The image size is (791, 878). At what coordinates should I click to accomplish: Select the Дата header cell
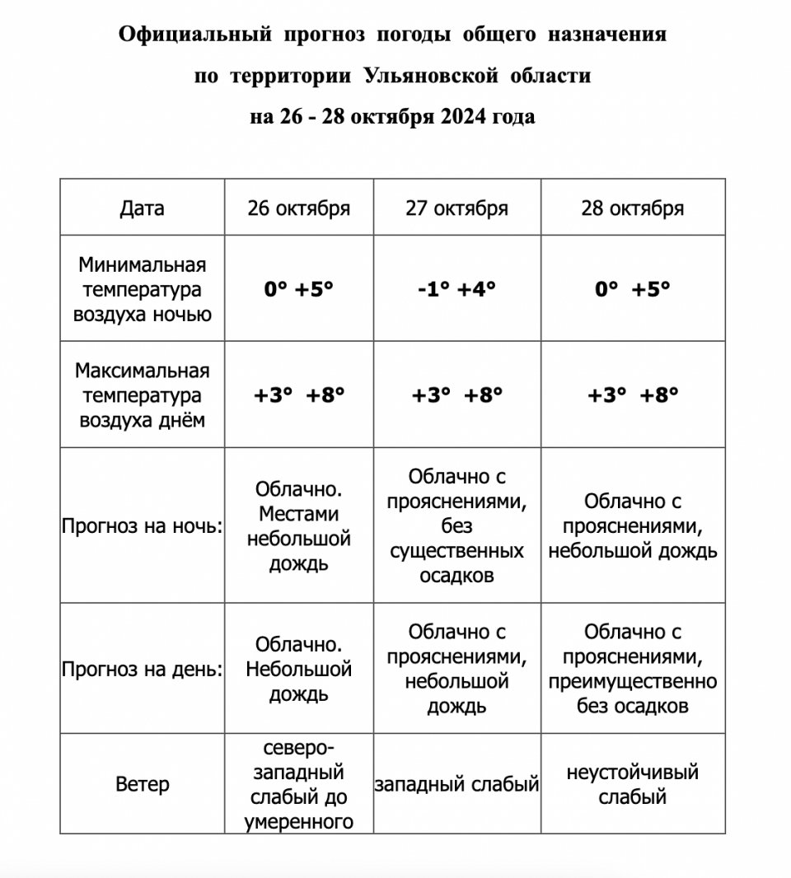[x=142, y=208]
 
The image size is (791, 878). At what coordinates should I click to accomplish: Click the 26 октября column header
[x=298, y=208]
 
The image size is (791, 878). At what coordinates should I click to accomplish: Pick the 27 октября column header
[x=456, y=208]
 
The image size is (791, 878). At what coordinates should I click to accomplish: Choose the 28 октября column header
[x=632, y=208]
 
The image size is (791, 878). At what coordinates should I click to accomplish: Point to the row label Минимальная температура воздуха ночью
[x=142, y=289]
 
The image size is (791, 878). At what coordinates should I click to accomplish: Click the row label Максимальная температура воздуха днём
[x=142, y=395]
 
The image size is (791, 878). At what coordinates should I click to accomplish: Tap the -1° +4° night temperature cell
[x=456, y=289]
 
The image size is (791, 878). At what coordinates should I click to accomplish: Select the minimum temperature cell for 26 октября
[x=298, y=289]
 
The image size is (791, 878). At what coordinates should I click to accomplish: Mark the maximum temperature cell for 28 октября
[x=632, y=395]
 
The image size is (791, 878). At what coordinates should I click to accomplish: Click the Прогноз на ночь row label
[x=142, y=526]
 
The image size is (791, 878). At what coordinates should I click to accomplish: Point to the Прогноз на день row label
[x=142, y=670]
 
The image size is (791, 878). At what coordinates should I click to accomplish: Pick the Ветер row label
[x=142, y=784]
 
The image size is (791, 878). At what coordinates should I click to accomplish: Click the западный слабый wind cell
[x=456, y=785]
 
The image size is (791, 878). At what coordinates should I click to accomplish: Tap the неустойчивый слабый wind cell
[x=632, y=785]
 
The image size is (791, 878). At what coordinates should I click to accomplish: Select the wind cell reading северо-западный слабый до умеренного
[x=298, y=785]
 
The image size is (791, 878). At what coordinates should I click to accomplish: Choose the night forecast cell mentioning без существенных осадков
[x=456, y=526]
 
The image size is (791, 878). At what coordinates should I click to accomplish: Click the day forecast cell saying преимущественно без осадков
[x=632, y=670]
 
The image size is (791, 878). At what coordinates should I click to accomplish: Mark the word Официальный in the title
[x=194, y=35]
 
